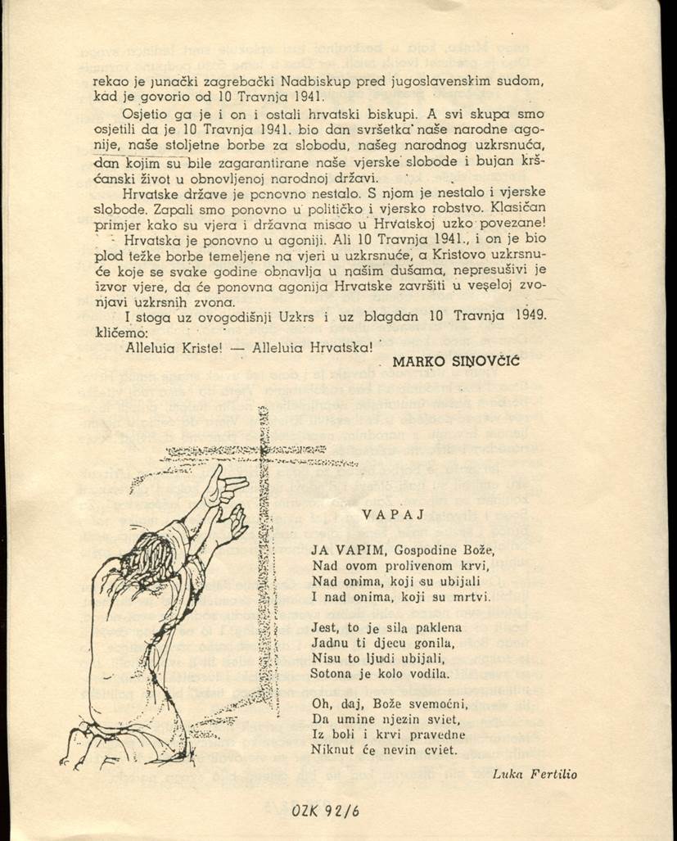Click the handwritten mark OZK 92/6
(x=325, y=811)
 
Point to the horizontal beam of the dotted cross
(x=246, y=450)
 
